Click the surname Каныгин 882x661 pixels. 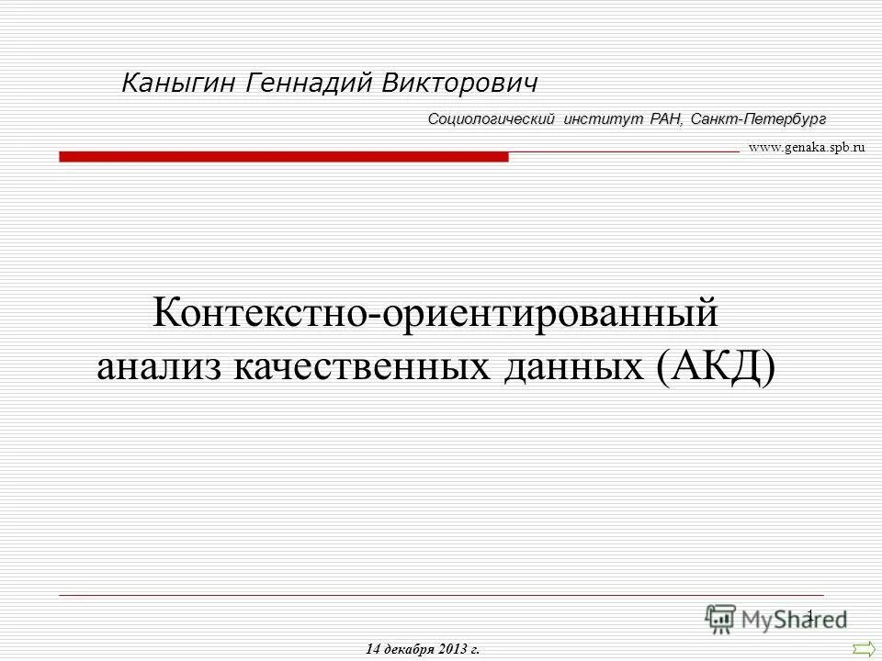tap(180, 84)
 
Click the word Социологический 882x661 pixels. tap(492, 119)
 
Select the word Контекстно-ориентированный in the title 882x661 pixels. tap(435, 315)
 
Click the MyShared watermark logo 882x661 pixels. tap(775, 619)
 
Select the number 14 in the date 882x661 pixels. tap(372, 649)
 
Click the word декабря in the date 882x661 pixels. tap(409, 649)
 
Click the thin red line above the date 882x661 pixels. tap(441, 596)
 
